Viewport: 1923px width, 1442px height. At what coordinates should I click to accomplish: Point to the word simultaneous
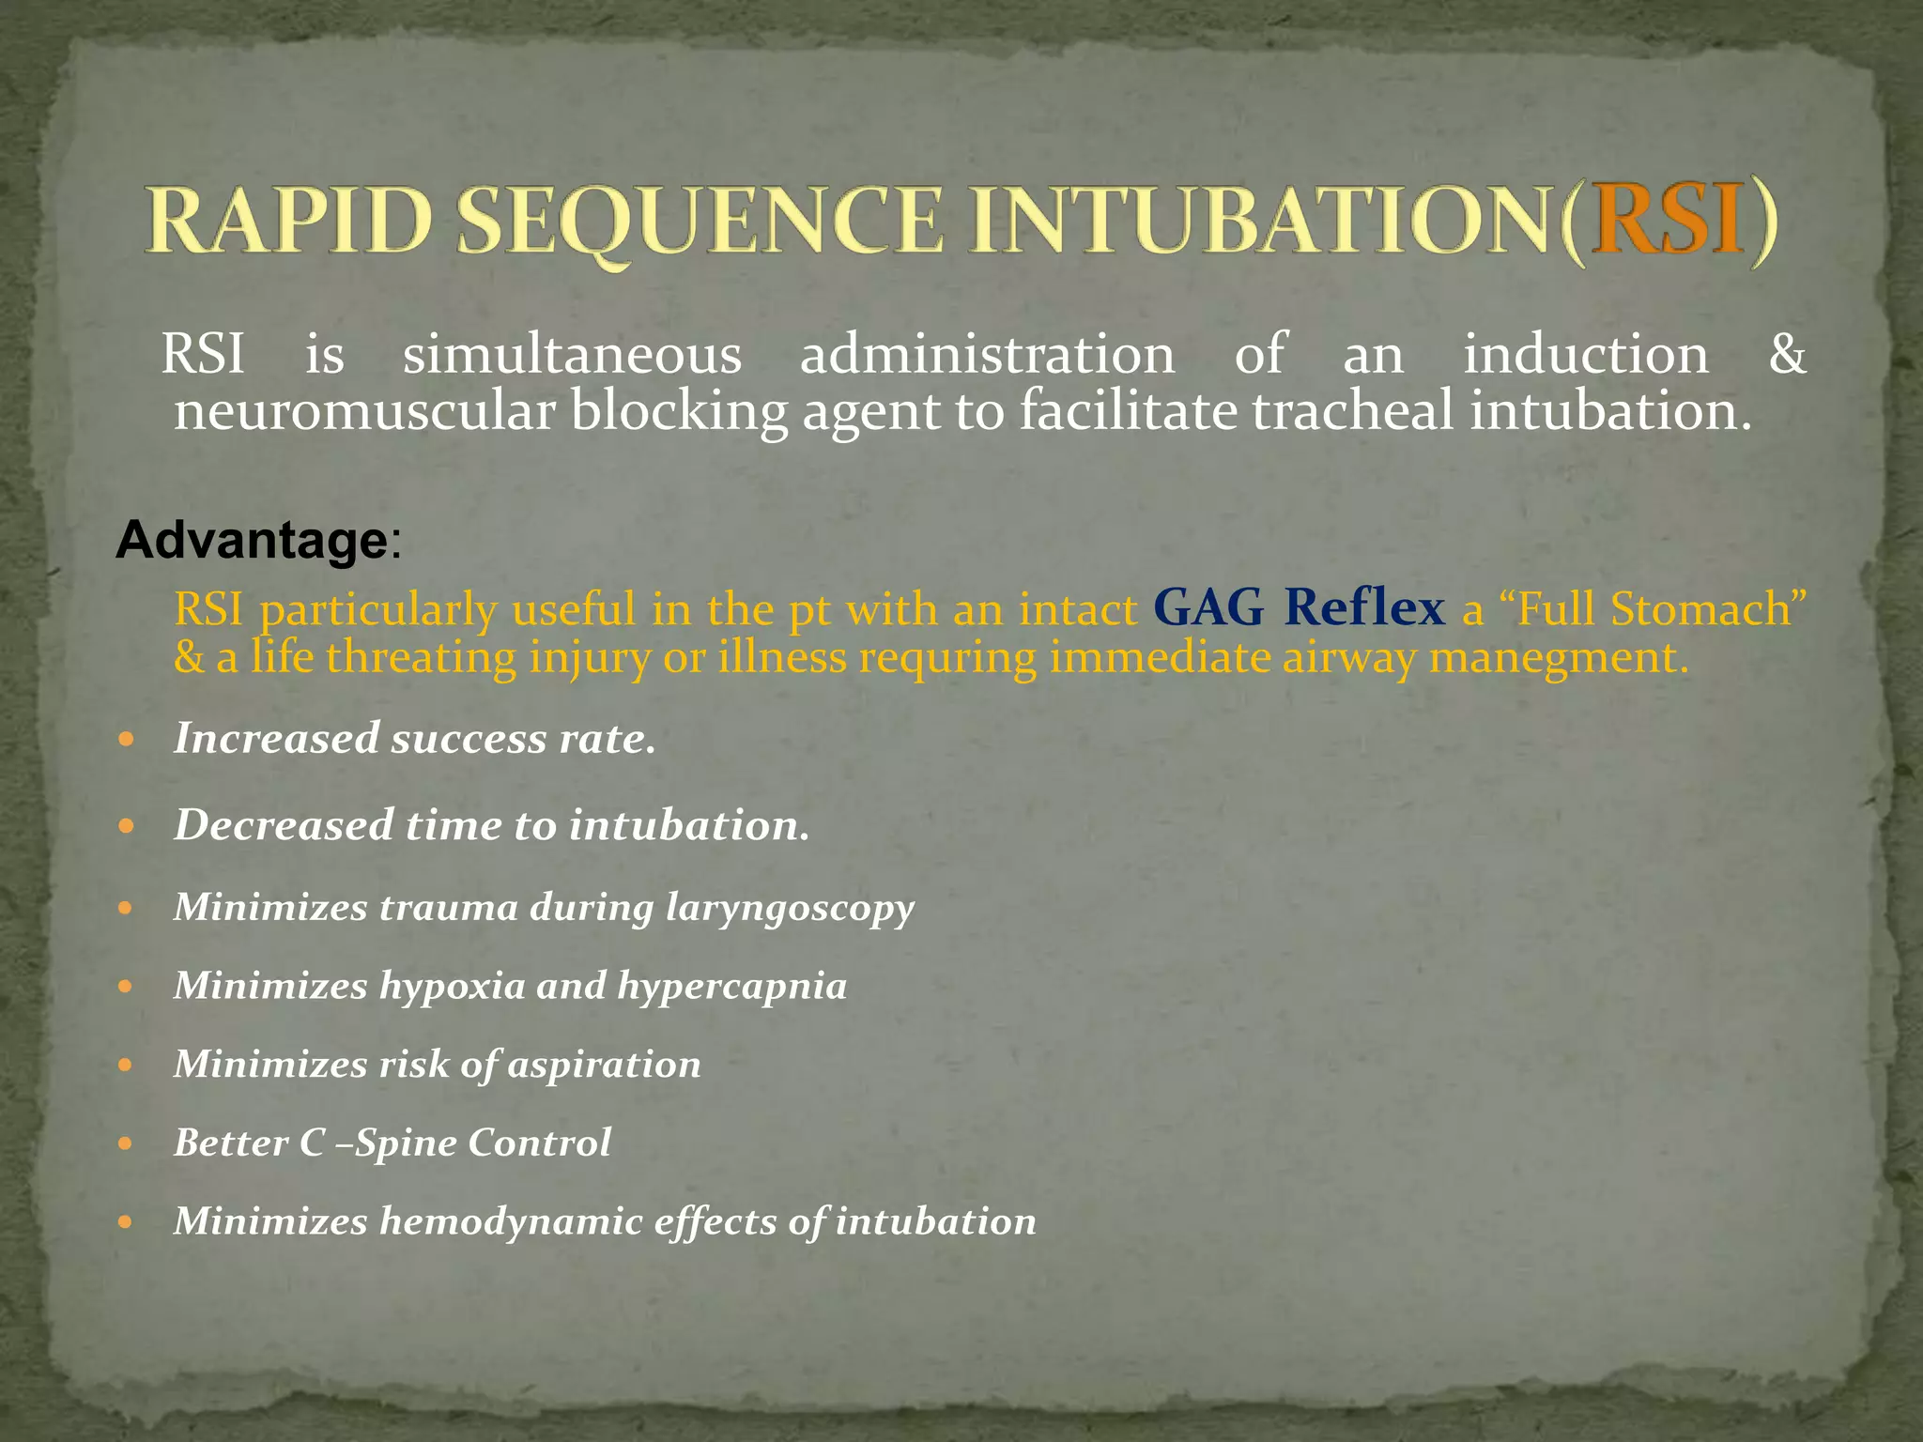click(572, 355)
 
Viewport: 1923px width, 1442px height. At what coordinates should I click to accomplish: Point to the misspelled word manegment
click(1559, 657)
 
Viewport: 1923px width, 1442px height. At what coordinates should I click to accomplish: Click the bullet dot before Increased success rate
click(128, 740)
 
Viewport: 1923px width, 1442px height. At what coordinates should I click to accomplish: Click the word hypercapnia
click(731, 987)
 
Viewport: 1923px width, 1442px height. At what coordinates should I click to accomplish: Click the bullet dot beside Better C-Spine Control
click(128, 1144)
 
